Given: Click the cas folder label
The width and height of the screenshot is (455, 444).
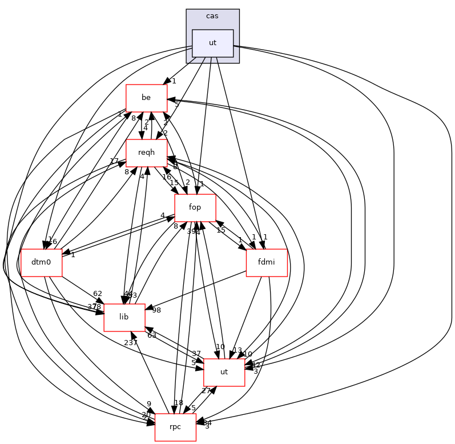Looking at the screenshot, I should pos(212,15).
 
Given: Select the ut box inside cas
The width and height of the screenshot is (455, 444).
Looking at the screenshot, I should pos(212,43).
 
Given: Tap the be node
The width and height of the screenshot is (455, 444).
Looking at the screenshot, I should pos(146,98).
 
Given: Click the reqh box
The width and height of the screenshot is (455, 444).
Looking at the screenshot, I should pos(146,153).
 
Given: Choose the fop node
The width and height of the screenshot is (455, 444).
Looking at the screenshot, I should pos(195,208).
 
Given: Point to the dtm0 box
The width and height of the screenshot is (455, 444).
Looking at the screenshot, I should pos(41,263).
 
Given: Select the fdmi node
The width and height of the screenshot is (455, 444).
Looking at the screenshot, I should pos(266,263).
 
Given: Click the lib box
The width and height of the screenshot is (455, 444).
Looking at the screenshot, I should pos(124,318).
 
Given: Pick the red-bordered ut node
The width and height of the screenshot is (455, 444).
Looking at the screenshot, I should pos(224,372).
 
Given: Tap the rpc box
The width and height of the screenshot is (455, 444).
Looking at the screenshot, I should pos(175,427).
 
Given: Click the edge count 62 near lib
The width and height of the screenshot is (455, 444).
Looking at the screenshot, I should pos(98,294).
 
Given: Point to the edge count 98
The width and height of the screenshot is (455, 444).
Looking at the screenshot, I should pos(156,310).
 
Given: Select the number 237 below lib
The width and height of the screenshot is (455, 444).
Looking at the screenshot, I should pos(131,343).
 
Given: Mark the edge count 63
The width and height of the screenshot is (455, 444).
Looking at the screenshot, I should pos(152,335).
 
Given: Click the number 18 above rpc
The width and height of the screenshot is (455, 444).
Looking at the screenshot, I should pos(179,403).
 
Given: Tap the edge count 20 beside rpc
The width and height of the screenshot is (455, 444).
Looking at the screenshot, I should pos(146,415).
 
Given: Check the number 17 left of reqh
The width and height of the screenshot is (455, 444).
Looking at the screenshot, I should pos(114,161).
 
